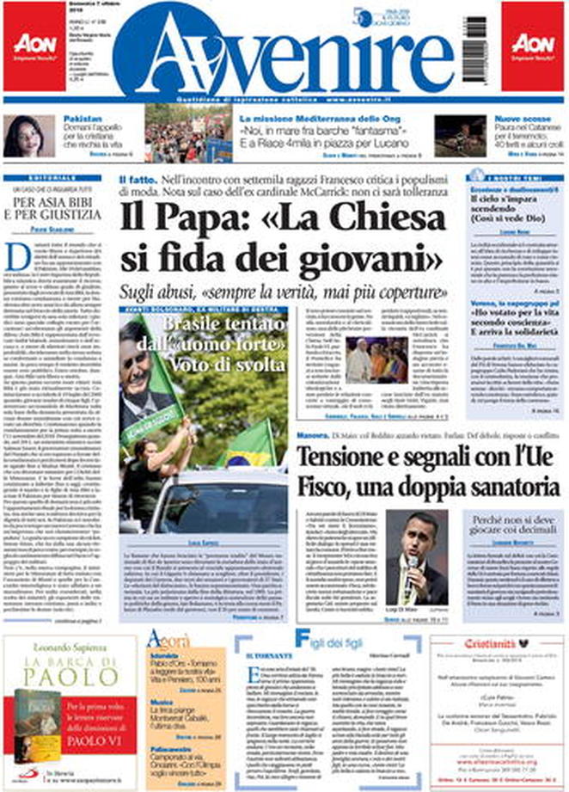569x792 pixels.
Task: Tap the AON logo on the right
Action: [533, 44]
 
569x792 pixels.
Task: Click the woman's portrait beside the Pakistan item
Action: [28, 135]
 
